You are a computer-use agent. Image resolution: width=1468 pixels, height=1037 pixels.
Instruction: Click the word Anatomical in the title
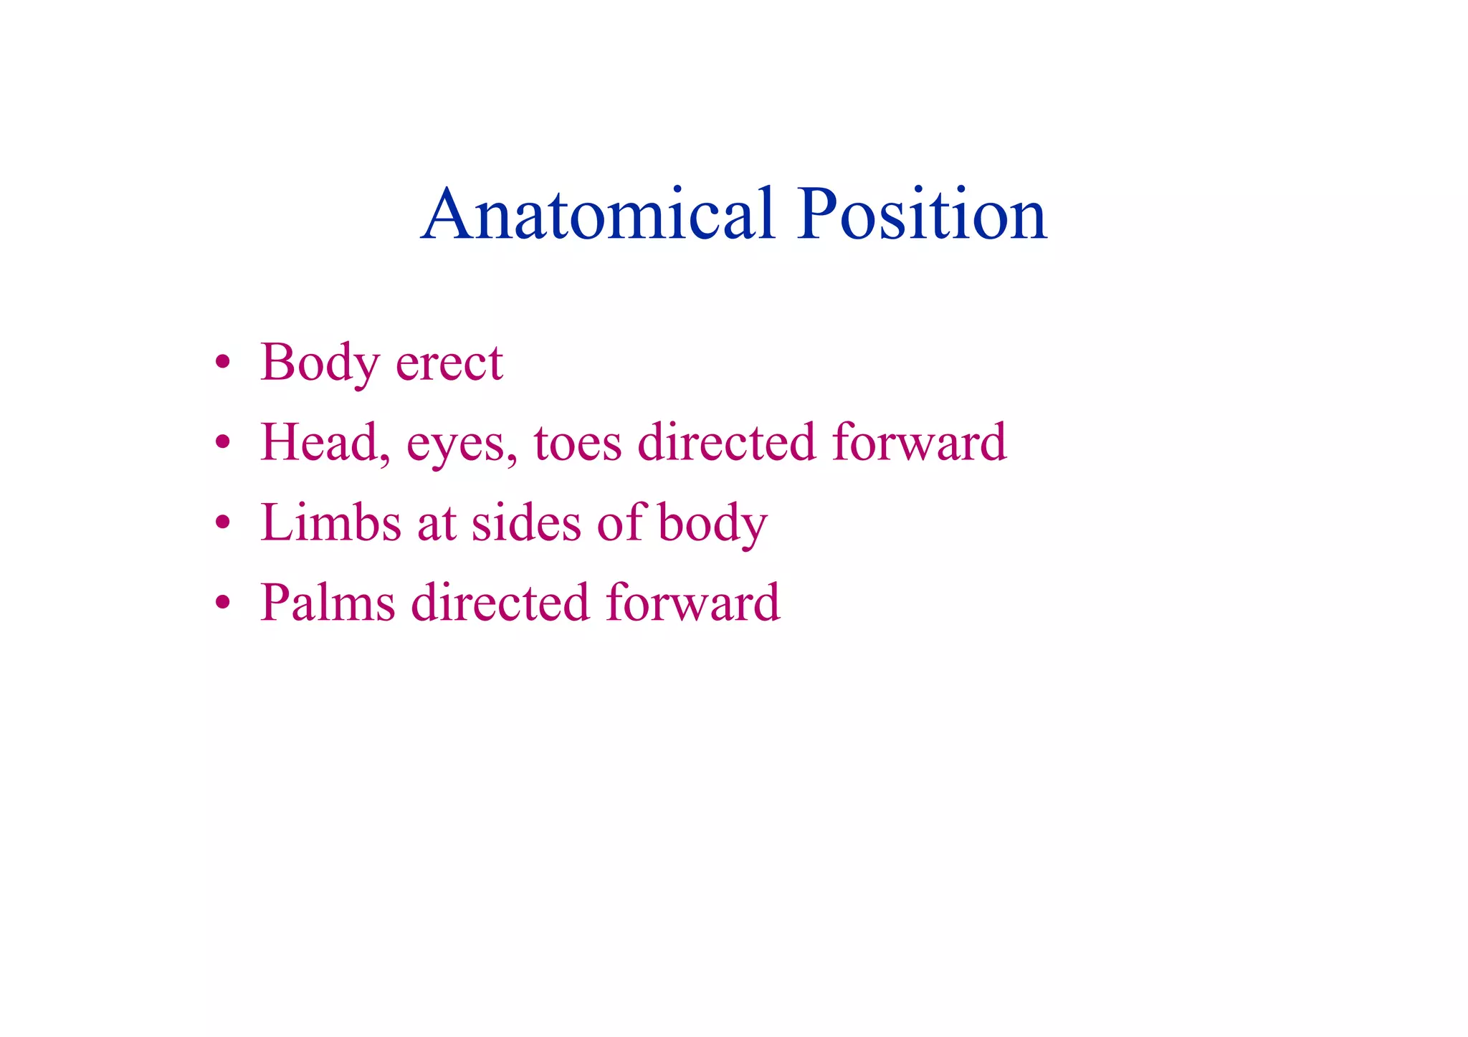599,214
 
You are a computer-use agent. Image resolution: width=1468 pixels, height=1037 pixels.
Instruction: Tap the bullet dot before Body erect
223,362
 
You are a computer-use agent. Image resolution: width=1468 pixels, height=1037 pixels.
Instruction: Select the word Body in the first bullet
320,363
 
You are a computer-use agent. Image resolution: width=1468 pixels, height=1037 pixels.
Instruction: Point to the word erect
449,363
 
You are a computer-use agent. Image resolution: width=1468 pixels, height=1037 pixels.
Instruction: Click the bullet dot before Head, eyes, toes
223,442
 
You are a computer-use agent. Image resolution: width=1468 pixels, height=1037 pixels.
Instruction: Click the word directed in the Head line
726,442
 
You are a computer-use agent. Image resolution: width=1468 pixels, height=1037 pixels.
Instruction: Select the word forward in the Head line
920,442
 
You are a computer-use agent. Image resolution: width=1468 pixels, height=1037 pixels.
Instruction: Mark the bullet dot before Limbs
223,522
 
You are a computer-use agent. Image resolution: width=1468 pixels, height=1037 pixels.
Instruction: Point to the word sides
526,522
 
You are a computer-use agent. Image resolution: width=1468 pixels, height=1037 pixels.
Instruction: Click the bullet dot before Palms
223,603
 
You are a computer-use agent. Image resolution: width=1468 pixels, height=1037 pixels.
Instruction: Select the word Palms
327,603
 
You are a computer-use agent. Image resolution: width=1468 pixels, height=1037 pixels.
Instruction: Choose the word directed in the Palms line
500,603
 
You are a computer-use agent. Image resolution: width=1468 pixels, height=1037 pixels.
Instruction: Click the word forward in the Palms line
692,603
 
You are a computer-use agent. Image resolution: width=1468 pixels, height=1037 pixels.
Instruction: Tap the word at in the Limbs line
437,524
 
